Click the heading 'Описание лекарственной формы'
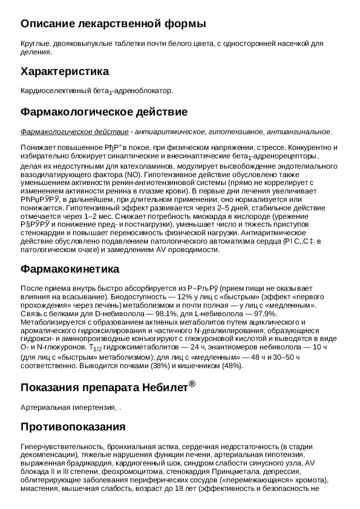(x=113, y=24)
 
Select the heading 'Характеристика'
(x=65, y=71)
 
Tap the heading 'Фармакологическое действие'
(x=103, y=112)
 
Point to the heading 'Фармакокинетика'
(x=70, y=268)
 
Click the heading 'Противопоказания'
(x=73, y=427)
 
